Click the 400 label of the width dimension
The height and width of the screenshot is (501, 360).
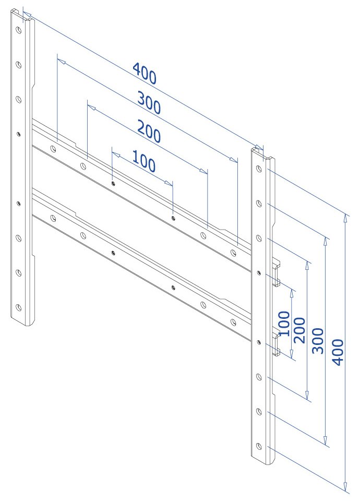[144, 74]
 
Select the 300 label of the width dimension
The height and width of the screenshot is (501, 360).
[149, 102]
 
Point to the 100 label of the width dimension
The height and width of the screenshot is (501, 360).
[143, 161]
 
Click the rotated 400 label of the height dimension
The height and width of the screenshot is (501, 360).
[338, 352]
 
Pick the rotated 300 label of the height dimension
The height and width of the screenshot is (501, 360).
[318, 341]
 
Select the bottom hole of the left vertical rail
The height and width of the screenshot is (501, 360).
[18, 307]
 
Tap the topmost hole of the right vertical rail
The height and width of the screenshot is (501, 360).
[258, 169]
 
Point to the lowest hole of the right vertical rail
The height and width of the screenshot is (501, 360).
[258, 447]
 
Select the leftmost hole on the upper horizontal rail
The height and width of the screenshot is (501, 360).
[53, 149]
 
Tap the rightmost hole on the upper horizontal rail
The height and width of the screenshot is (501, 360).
[233, 253]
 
